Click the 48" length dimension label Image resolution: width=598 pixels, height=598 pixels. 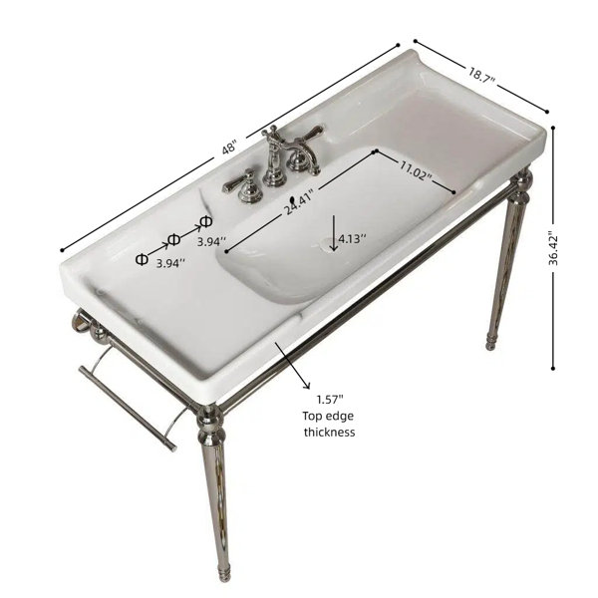229,148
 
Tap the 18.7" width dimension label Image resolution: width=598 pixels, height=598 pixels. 481,75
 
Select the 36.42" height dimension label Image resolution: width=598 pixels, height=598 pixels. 552,248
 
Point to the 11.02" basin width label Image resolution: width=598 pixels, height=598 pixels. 416,170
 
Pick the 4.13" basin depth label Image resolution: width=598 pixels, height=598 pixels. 352,239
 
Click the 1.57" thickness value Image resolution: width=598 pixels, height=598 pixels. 330,400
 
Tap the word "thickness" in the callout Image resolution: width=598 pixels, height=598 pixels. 330,433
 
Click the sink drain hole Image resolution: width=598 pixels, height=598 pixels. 327,244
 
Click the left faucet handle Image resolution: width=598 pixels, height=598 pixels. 243,185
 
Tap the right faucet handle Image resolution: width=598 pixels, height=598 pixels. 307,140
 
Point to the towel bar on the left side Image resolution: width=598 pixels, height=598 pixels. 129,408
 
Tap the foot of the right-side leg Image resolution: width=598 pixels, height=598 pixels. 490,342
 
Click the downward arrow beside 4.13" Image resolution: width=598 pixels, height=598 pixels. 334,233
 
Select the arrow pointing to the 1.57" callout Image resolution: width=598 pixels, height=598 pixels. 293,366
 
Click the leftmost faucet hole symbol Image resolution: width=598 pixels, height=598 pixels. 142,259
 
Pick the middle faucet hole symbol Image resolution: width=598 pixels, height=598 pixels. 173,239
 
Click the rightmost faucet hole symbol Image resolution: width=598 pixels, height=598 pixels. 206,221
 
